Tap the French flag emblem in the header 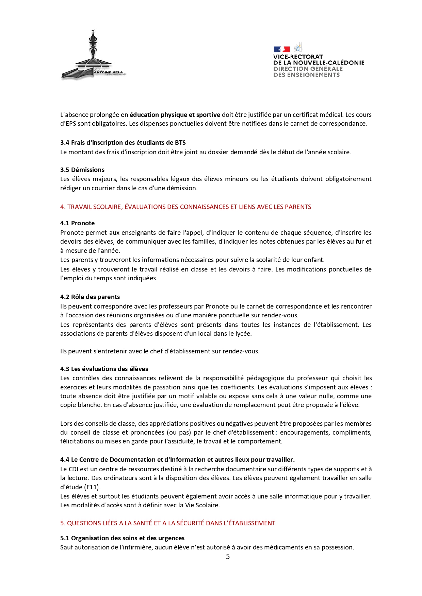pos(281,49)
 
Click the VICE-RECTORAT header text pos(298,57)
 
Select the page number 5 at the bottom pos(228,556)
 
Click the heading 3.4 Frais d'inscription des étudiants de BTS pos(123,143)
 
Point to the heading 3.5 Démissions pos(82,170)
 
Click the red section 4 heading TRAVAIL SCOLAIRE pos(185,207)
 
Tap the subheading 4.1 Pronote pos(77,223)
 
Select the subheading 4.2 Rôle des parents pos(90,297)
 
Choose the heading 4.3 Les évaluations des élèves pos(104,369)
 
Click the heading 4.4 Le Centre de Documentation pos(177,460)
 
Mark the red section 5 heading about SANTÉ pos(167,523)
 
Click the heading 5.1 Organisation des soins pos(122,538)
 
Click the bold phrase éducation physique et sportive pos(175,115)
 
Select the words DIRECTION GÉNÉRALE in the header pos(308,69)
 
